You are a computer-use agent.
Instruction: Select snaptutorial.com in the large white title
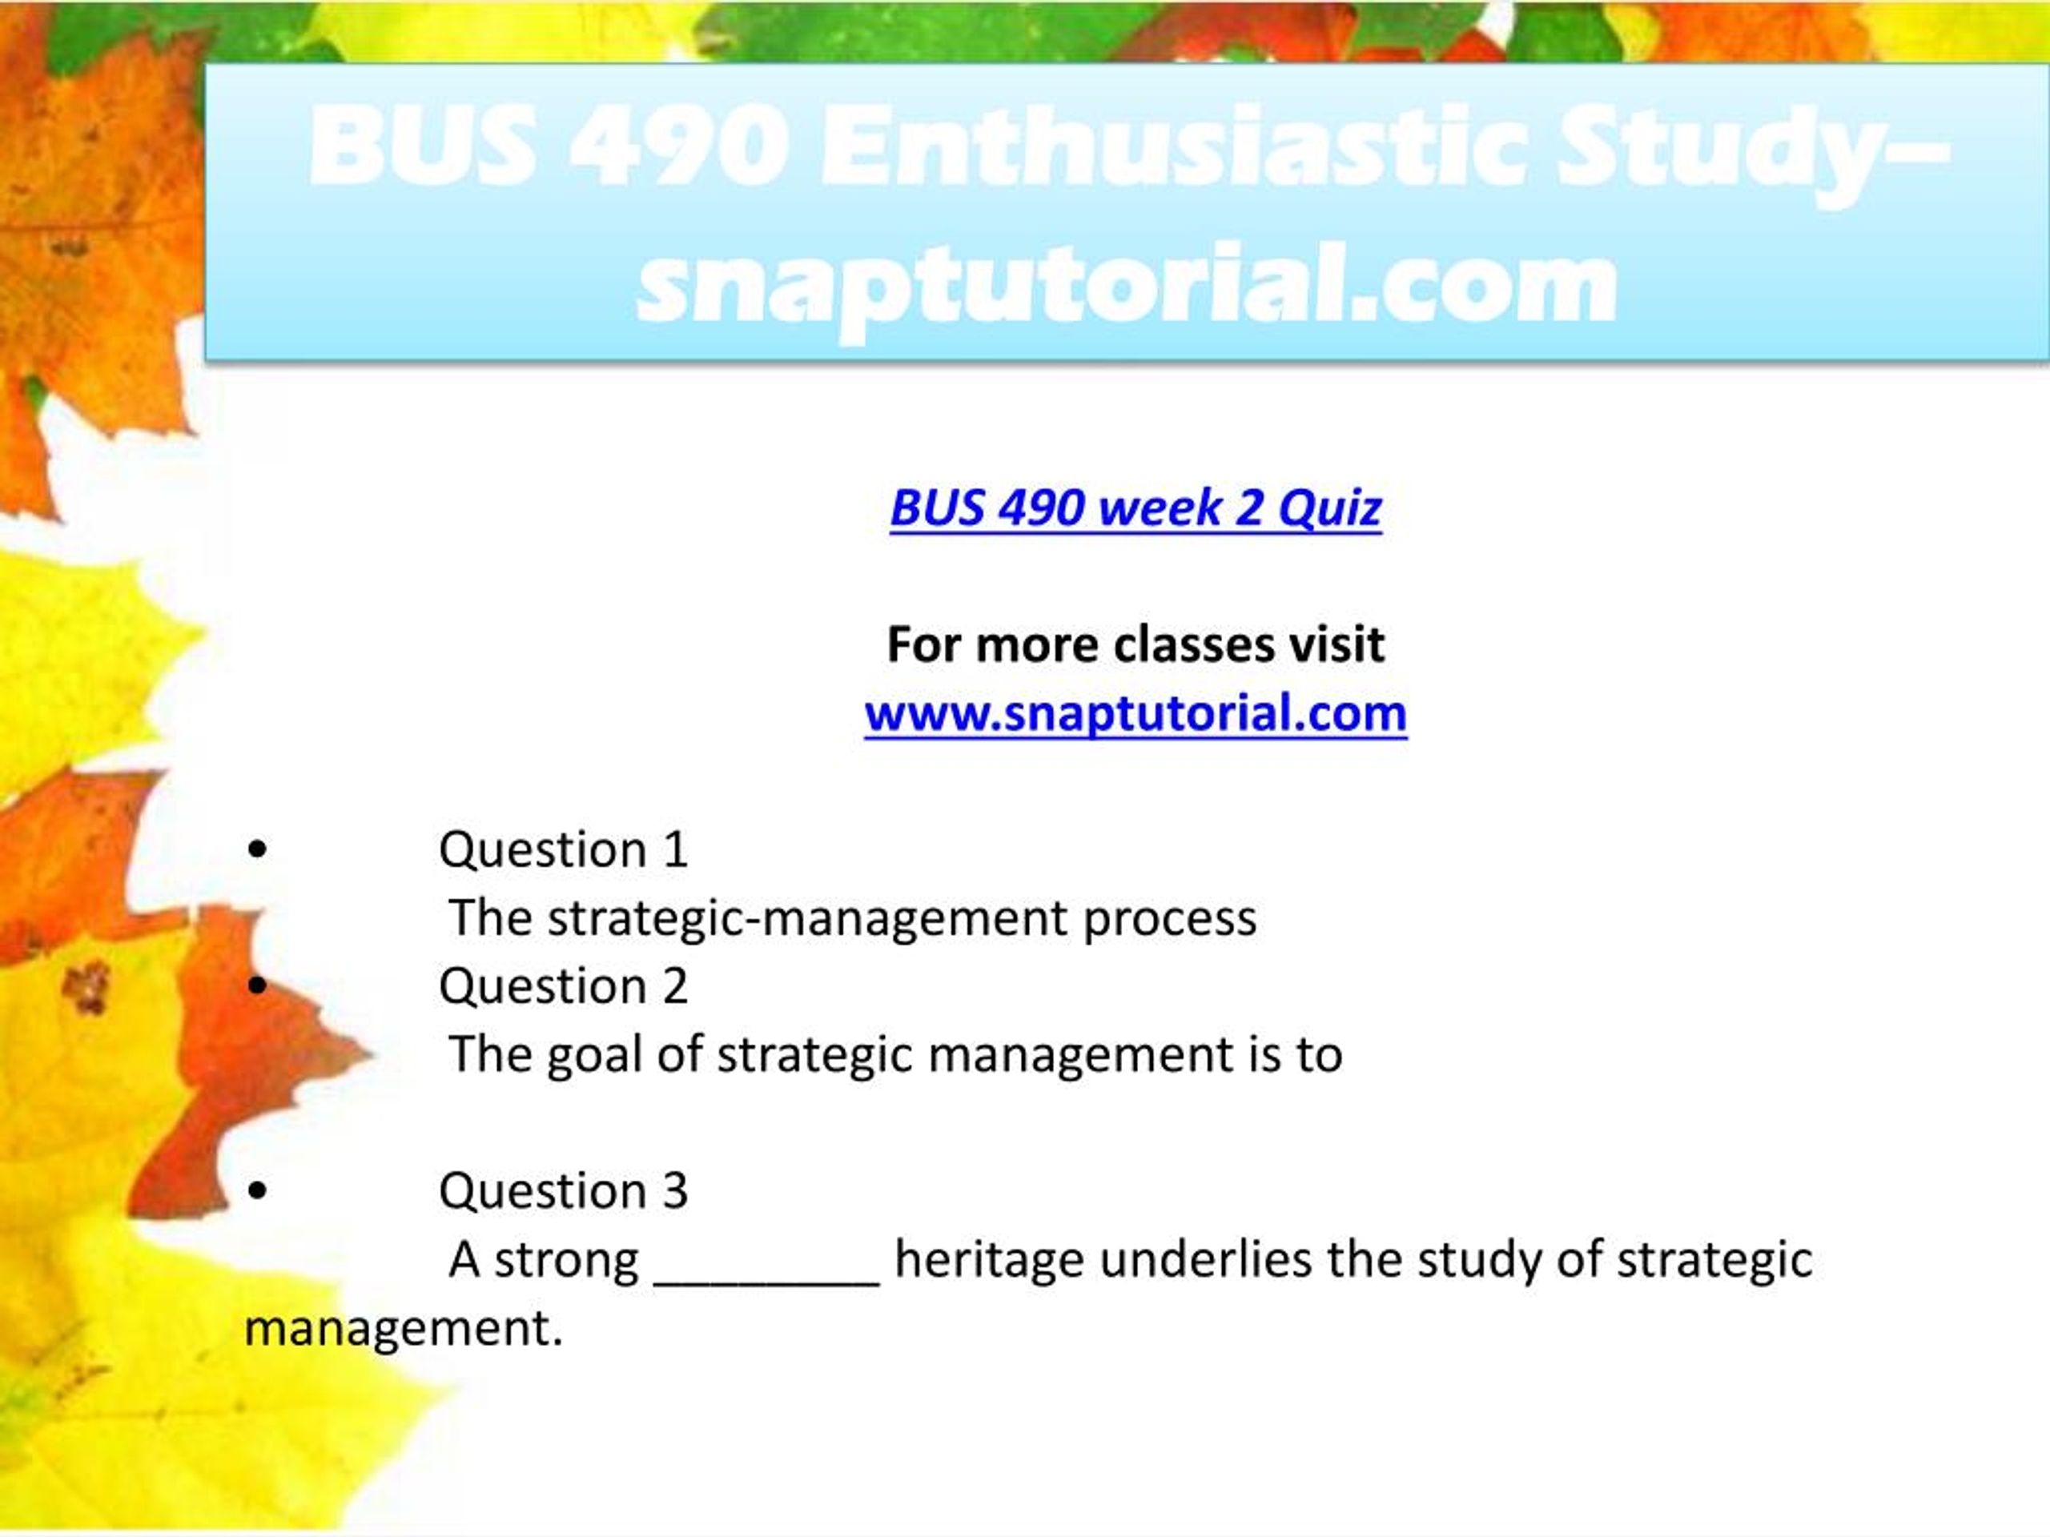pyautogui.click(x=1127, y=283)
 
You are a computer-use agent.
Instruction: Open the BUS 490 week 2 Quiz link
pyautogui.click(x=1136, y=508)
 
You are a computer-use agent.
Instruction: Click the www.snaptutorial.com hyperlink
pyautogui.click(x=1136, y=713)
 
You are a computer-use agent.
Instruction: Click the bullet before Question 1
pyautogui.click(x=258, y=849)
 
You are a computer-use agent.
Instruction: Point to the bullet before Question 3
pyautogui.click(x=258, y=1190)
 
